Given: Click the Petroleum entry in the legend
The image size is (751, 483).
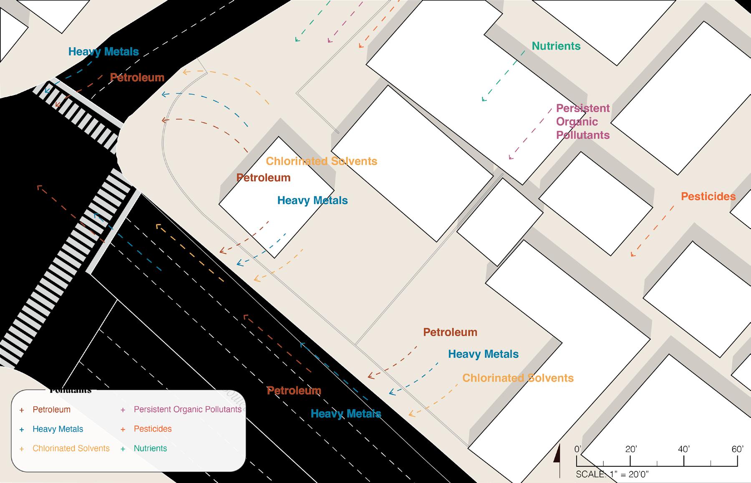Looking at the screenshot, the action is click(x=51, y=410).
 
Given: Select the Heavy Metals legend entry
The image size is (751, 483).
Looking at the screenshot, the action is click(x=58, y=429).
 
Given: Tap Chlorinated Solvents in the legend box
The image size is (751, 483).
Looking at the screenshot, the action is click(x=71, y=449).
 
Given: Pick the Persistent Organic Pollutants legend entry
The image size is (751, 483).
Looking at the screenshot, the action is click(x=187, y=410).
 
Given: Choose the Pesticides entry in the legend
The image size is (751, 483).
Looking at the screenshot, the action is click(x=152, y=429).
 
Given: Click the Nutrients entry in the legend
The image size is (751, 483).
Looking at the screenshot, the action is click(x=150, y=449).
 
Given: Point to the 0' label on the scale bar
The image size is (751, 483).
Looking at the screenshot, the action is click(x=578, y=449).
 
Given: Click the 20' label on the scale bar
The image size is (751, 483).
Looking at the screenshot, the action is click(x=630, y=449).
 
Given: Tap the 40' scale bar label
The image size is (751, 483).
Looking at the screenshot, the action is click(x=683, y=449).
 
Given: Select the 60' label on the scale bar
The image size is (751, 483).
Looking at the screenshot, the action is click(x=737, y=449).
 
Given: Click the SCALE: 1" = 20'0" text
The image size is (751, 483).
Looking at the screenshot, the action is click(x=612, y=474).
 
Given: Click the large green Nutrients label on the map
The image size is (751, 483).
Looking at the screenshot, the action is click(x=556, y=46).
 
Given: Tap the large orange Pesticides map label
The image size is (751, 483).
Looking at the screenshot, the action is click(x=708, y=196).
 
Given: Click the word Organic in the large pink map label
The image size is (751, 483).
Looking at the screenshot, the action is click(x=577, y=122).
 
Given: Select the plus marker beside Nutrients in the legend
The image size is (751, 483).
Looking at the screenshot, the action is click(x=123, y=449).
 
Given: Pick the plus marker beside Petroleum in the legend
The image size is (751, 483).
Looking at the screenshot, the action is click(x=22, y=410).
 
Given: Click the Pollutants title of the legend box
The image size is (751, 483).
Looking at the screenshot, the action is click(x=70, y=391).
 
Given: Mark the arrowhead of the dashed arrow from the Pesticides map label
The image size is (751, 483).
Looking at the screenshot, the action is click(x=633, y=254).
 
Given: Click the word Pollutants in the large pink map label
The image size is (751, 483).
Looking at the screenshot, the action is click(x=583, y=135).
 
